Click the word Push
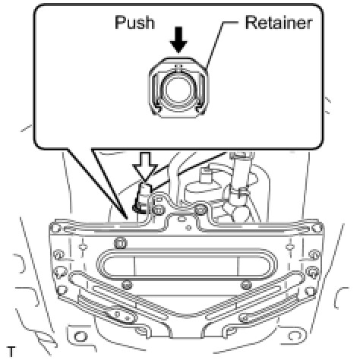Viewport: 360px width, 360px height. pyautogui.click(x=134, y=22)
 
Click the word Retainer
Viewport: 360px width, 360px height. pyautogui.click(x=279, y=23)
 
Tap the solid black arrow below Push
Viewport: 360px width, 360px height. pyautogui.click(x=178, y=40)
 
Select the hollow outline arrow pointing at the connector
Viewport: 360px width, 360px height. pyautogui.click(x=145, y=166)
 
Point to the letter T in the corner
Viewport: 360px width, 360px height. pyautogui.click(x=11, y=352)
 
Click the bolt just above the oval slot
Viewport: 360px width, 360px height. pyautogui.click(x=121, y=244)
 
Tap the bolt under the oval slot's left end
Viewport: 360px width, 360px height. pyautogui.click(x=127, y=286)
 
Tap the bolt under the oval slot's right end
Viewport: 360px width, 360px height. pyautogui.click(x=245, y=286)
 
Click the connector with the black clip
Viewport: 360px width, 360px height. pyautogui.click(x=142, y=198)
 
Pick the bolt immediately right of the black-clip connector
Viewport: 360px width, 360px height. pyautogui.click(x=159, y=210)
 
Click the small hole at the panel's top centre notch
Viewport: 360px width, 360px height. pyautogui.click(x=181, y=218)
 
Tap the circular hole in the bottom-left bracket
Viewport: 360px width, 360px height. pyautogui.click(x=81, y=337)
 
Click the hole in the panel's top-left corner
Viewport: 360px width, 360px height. pyautogui.click(x=56, y=229)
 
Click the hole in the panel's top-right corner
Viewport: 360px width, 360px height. pyautogui.click(x=316, y=229)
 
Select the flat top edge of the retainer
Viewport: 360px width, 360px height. pyautogui.click(x=178, y=58)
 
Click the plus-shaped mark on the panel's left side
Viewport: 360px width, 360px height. pyautogui.click(x=82, y=246)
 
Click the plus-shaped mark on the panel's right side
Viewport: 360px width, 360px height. pyautogui.click(x=290, y=246)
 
